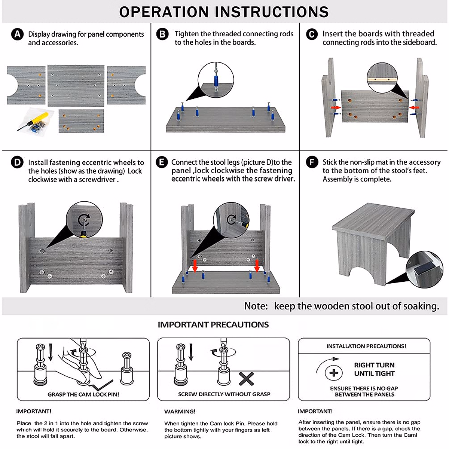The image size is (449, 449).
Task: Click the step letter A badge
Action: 17,34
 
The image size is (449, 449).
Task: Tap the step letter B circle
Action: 162,34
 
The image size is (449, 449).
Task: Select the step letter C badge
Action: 312,34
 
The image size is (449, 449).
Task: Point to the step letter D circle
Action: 17,163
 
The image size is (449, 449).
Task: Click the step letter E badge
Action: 162,162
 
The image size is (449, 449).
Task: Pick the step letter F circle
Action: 312,162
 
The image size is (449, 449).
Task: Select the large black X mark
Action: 246,379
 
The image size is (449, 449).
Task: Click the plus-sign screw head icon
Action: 334,373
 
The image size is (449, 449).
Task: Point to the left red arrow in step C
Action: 336,108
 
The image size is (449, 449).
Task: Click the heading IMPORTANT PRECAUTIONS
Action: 213,325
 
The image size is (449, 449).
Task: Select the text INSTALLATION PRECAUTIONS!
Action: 366,346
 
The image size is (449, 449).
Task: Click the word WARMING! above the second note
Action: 180,412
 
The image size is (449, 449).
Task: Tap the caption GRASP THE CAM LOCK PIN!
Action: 83,394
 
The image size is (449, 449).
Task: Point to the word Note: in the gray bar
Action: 256,306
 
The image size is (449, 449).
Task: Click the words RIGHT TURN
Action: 374,365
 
